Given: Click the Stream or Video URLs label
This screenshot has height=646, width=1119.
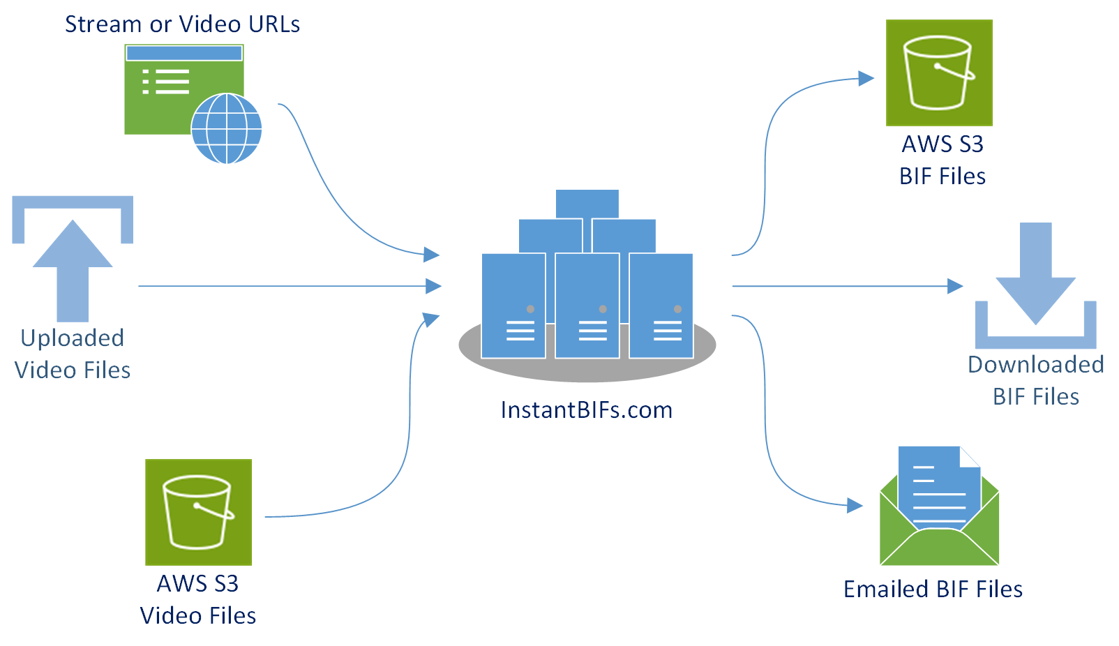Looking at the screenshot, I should click(x=182, y=24).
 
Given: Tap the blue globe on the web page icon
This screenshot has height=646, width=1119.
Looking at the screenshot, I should click(x=226, y=128).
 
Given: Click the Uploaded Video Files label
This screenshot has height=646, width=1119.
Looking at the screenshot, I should click(x=73, y=354).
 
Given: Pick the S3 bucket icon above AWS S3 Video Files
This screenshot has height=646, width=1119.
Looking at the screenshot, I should click(x=198, y=512).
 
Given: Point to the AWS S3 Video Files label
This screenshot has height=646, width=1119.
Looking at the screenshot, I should click(x=198, y=599).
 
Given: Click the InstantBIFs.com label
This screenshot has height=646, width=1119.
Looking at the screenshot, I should click(x=586, y=410).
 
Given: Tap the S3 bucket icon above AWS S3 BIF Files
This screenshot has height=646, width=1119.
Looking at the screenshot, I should click(x=939, y=73).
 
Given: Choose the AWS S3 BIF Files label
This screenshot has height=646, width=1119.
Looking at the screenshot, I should click(x=942, y=160).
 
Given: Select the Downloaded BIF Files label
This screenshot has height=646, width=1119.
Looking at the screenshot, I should click(x=1035, y=380).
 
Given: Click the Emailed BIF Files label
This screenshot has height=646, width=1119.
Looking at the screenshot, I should click(x=933, y=589).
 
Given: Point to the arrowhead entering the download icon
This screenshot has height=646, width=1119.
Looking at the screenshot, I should click(x=955, y=286).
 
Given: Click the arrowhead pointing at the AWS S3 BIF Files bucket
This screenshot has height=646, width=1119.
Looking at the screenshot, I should click(x=866, y=78).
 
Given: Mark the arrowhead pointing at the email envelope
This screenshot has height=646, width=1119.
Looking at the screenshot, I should click(x=855, y=505).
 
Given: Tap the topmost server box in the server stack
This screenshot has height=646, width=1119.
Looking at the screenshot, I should click(x=587, y=204).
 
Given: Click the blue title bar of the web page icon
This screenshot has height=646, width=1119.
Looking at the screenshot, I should click(x=184, y=53).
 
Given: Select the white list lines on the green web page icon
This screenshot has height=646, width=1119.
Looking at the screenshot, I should click(x=167, y=82).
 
